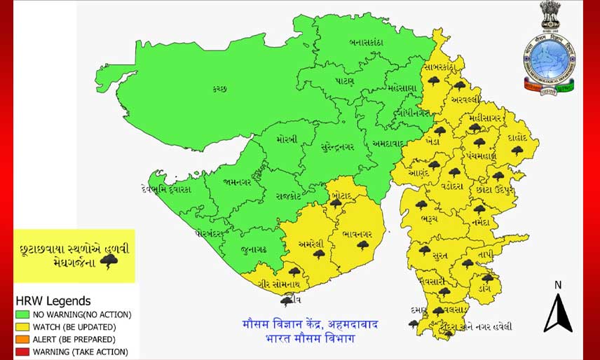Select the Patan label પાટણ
[x=344, y=81]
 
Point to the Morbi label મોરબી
[x=287, y=139]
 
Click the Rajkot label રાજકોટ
[x=289, y=196]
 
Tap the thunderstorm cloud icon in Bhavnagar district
[x=362, y=245]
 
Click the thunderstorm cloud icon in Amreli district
[x=319, y=254]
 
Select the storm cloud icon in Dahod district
[x=517, y=150]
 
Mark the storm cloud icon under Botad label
[x=336, y=203]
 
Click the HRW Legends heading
[x=53, y=301]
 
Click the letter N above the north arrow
[x=558, y=285]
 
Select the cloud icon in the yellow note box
[x=109, y=263]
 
